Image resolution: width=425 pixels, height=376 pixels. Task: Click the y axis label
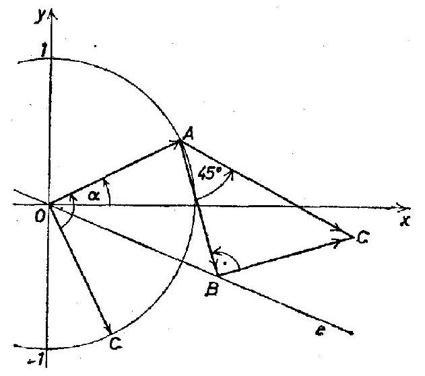(40, 16)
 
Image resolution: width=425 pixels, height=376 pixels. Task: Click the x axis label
(405, 221)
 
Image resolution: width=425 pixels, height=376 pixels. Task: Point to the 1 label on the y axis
(43, 51)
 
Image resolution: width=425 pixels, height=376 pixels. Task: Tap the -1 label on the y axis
(36, 360)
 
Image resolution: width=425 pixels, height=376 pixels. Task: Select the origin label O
(40, 217)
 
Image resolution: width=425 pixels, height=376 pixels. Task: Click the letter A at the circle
(189, 135)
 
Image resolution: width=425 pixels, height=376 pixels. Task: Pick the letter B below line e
(211, 290)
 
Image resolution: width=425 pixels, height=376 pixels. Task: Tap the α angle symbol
(94, 196)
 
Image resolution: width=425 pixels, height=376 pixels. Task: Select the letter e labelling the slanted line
(320, 331)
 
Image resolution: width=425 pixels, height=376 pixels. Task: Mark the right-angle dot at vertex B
(225, 263)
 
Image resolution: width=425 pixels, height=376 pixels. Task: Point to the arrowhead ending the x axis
(404, 207)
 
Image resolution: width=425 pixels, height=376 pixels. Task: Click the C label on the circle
(116, 344)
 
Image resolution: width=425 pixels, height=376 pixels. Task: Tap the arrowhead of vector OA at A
(175, 143)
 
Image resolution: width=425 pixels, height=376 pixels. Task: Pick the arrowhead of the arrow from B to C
(342, 241)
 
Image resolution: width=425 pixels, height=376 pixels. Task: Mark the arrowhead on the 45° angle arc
(232, 174)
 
